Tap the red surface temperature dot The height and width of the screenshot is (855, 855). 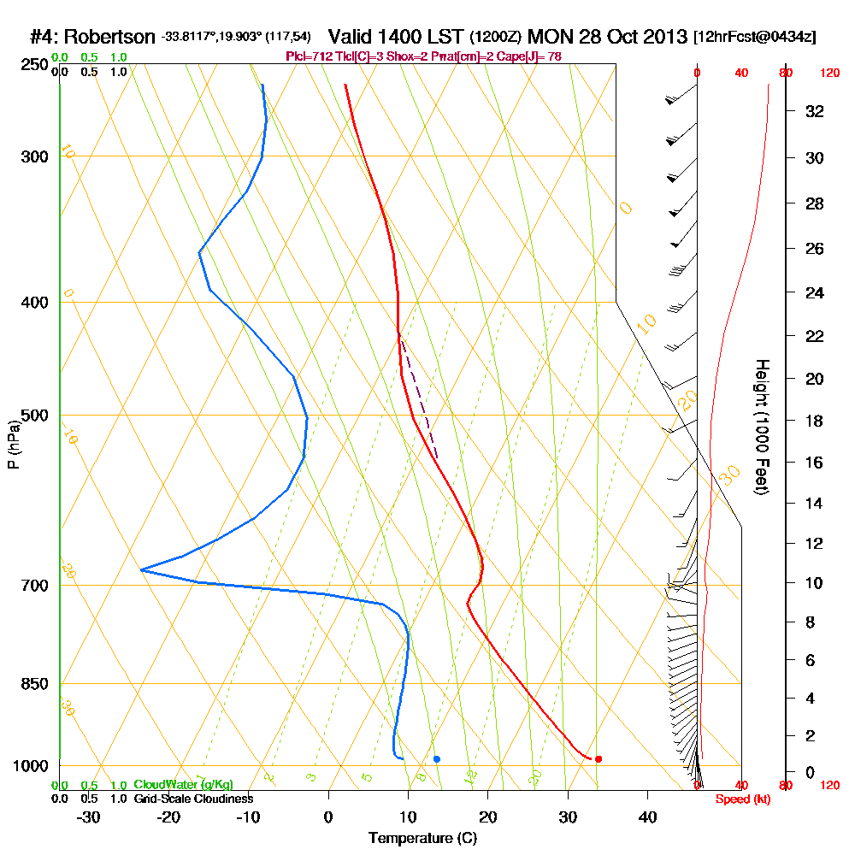(x=598, y=758)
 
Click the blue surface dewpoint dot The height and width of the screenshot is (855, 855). (x=437, y=758)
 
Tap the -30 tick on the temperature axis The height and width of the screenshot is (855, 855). (x=89, y=817)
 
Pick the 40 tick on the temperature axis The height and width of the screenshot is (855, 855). (x=647, y=817)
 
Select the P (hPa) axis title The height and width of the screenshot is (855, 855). (x=14, y=444)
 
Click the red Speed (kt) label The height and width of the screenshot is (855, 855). (x=743, y=799)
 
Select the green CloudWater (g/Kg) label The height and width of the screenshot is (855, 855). (x=183, y=784)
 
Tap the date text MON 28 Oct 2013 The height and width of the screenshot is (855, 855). (x=608, y=37)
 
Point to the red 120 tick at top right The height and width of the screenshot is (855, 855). (x=829, y=74)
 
